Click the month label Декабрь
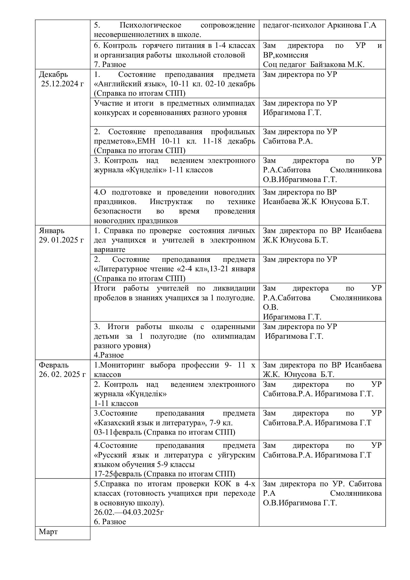53,75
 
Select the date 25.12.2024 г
62,84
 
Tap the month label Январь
52,231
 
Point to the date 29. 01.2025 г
61,240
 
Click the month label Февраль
54,365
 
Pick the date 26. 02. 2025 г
62,374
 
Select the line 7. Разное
110,64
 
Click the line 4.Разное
109,355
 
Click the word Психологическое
150,25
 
